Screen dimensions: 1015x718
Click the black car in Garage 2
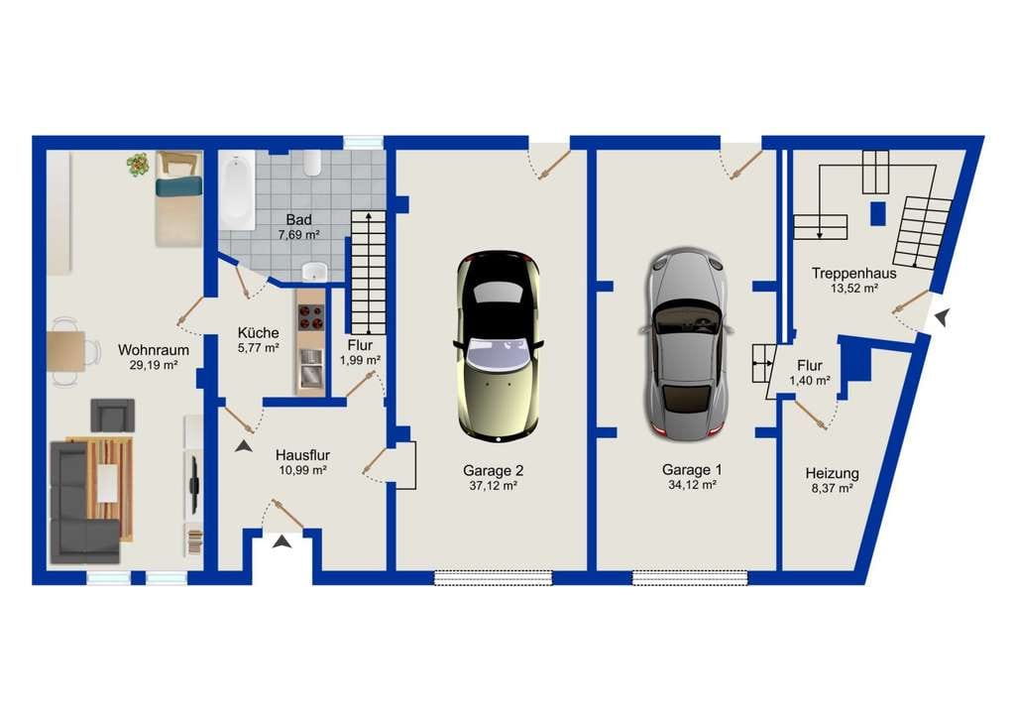[x=498, y=346]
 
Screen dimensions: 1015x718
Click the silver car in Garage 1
[x=687, y=344]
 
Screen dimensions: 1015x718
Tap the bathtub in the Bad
[x=237, y=190]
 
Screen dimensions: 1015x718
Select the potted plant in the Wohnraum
[x=138, y=165]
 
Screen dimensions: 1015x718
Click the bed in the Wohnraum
[x=178, y=198]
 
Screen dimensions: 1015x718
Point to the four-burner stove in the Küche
[x=310, y=317]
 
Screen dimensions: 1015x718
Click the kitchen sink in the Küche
[x=310, y=367]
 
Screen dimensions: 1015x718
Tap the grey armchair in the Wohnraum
[x=113, y=415]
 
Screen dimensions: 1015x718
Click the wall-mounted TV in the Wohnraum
[x=193, y=476]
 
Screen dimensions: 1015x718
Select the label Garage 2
[x=493, y=471]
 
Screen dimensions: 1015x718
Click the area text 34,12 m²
[x=691, y=484]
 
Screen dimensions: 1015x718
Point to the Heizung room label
[x=832, y=473]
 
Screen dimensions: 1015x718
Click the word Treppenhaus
[x=853, y=273]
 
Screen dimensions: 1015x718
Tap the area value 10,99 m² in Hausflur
[x=302, y=471]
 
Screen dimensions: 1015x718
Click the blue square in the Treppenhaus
[x=878, y=213]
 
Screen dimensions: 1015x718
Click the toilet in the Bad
[x=312, y=164]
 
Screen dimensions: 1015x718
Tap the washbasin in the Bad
[x=315, y=271]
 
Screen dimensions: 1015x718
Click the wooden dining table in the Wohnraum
[x=66, y=351]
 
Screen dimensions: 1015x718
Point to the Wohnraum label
[x=154, y=350]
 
